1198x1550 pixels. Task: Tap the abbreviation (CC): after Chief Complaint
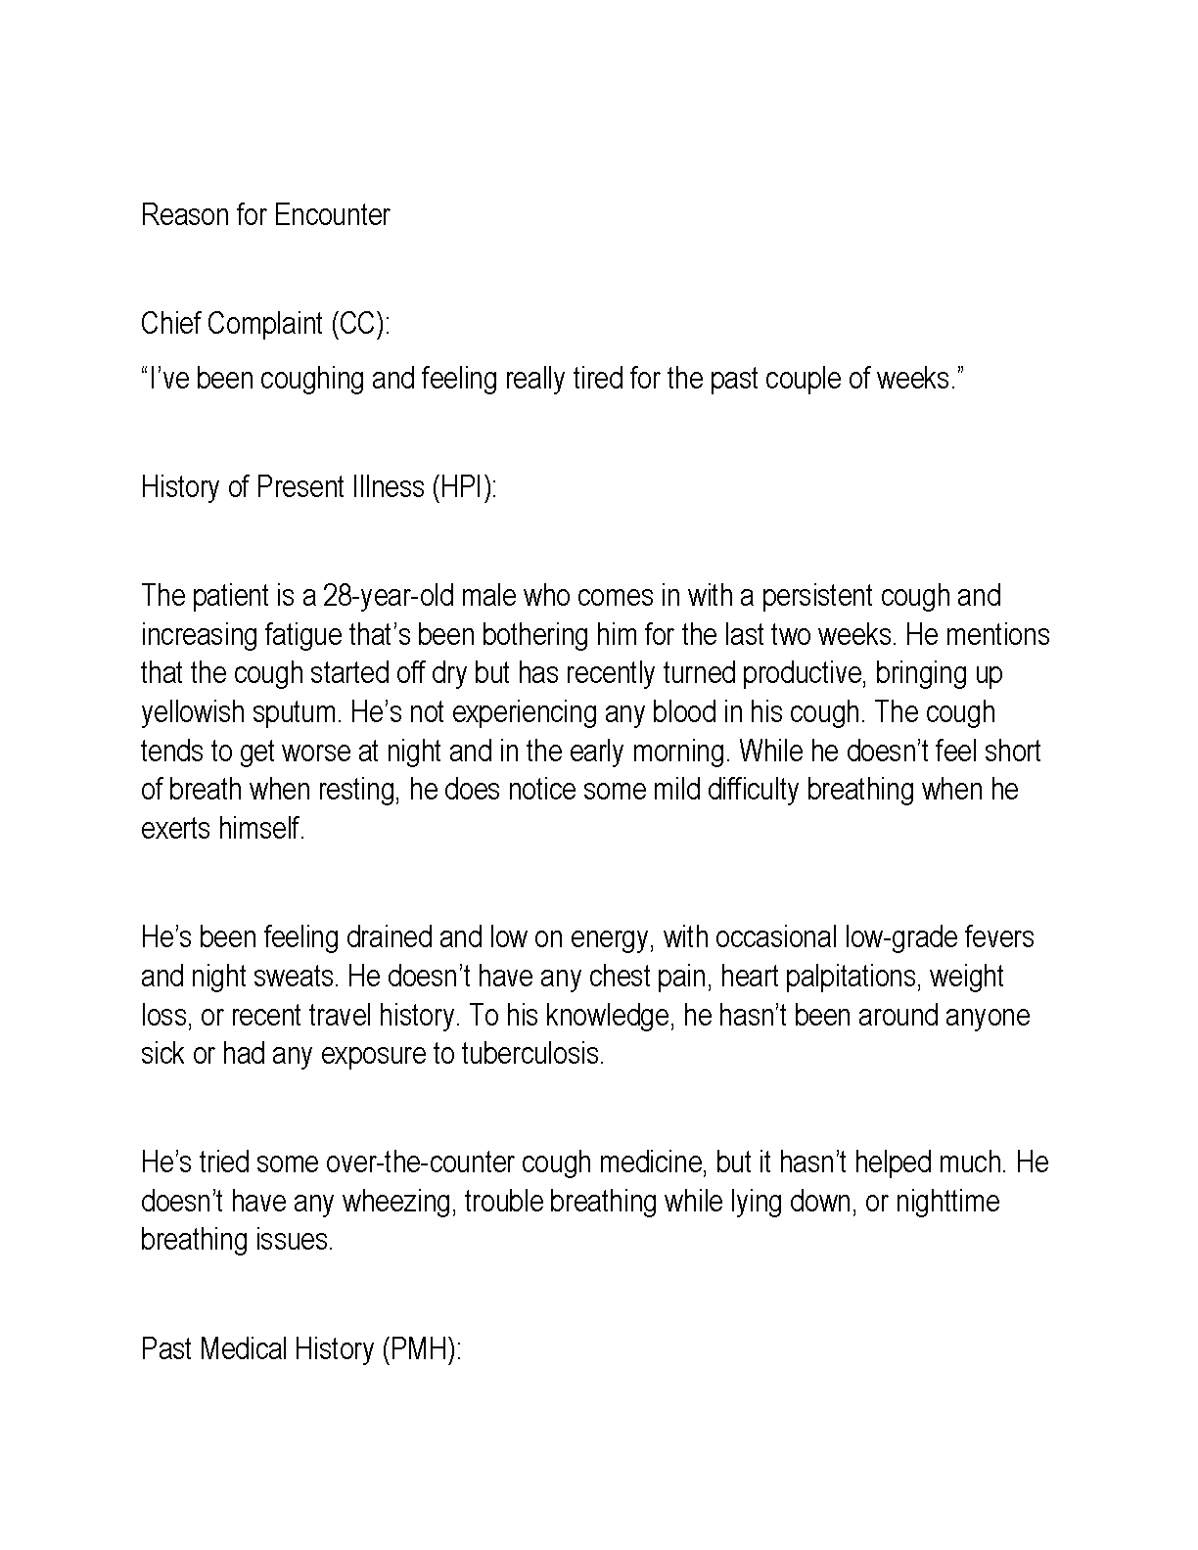click(x=359, y=324)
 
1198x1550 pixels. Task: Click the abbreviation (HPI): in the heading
click(x=464, y=487)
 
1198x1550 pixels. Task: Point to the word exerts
click(x=176, y=829)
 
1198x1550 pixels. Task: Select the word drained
click(x=388, y=937)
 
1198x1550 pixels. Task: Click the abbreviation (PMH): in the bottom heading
click(x=421, y=1349)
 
